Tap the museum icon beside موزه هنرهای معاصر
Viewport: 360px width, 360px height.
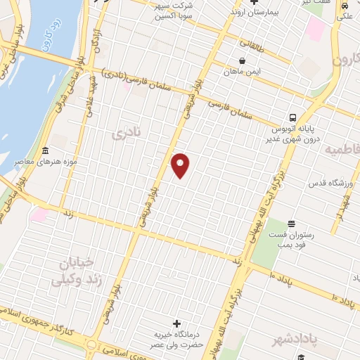point(46,150)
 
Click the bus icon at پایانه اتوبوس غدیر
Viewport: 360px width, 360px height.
point(292,117)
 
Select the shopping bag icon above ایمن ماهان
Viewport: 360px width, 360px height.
point(243,61)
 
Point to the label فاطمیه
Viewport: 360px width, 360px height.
point(342,149)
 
